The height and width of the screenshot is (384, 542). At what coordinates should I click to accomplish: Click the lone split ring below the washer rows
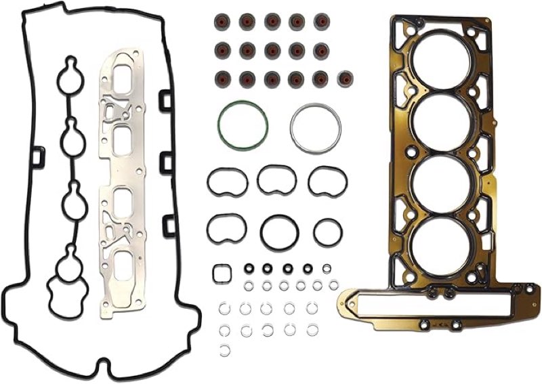pos(225,349)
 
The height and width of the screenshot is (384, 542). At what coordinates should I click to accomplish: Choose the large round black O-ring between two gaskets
pos(278,232)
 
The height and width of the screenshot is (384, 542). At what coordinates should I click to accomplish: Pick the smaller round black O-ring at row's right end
pos(328,232)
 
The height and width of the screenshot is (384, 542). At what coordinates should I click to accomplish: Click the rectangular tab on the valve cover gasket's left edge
pos(37,157)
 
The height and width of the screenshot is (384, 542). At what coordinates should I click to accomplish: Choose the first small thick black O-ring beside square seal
pos(249,268)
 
